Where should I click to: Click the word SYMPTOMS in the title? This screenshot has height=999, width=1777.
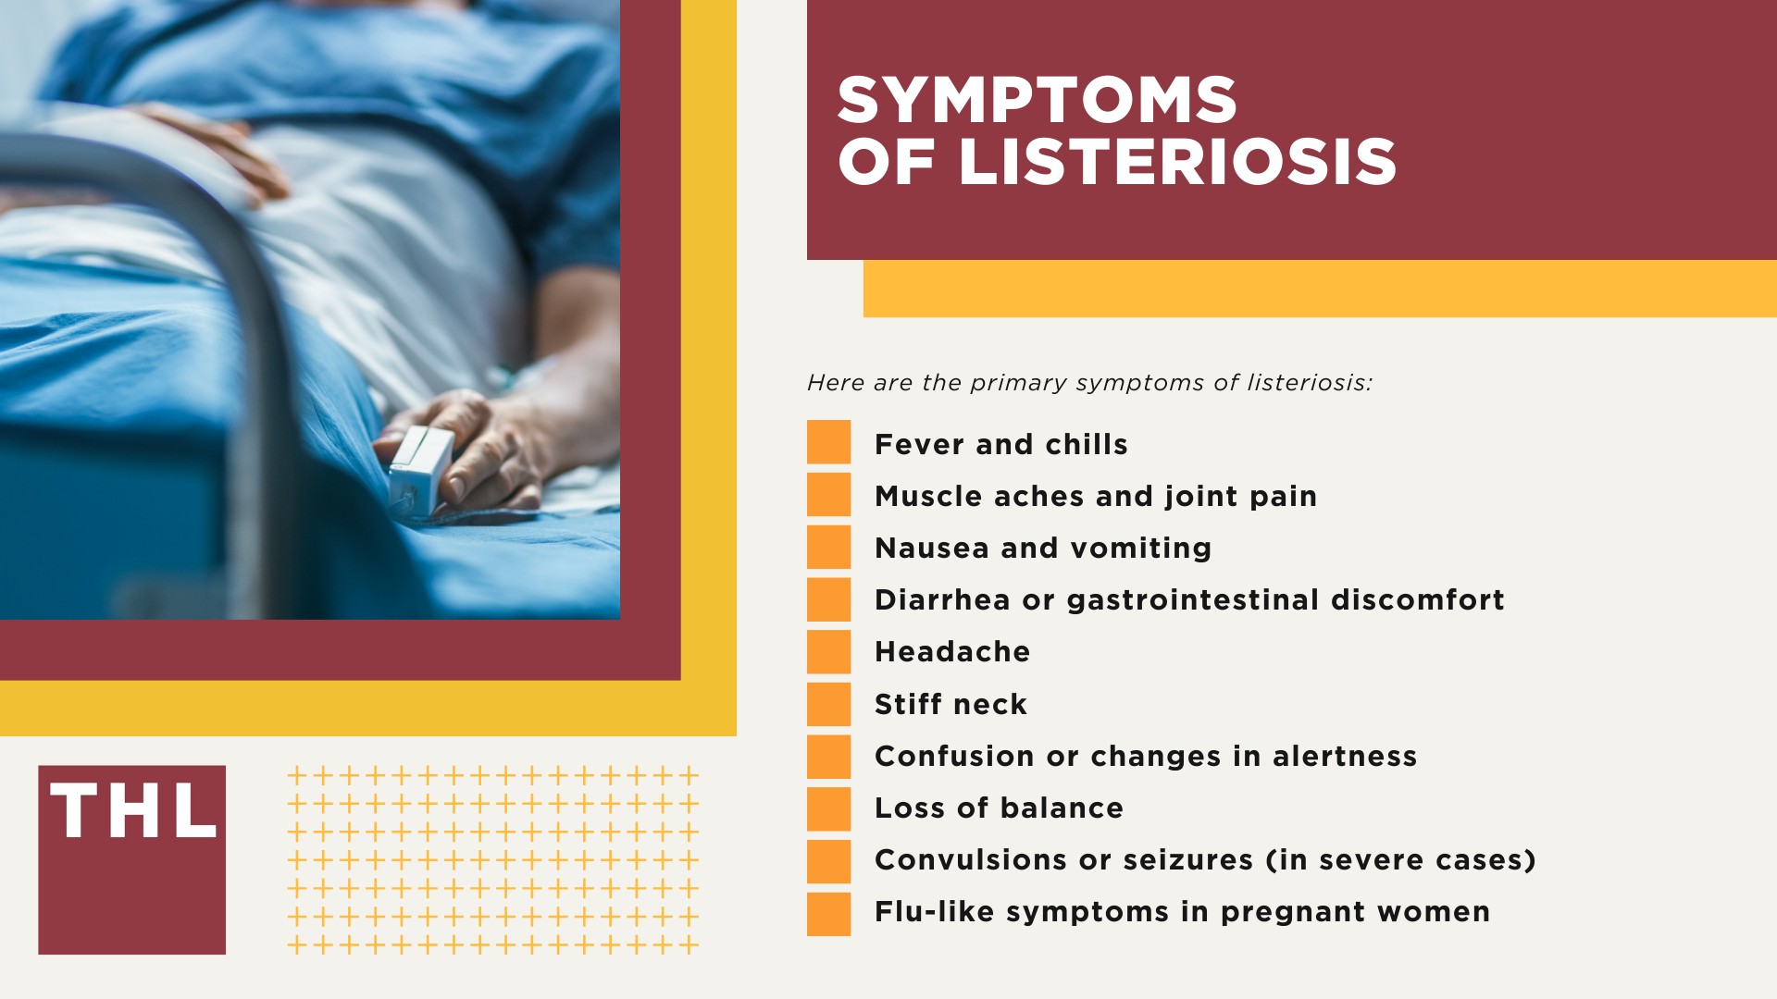point(1037,100)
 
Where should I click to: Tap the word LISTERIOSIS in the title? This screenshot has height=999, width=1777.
point(1177,162)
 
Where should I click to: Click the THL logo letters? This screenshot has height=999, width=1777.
point(133,811)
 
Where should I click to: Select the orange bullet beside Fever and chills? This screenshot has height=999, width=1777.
point(828,442)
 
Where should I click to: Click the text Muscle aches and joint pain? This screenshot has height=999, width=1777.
point(1095,497)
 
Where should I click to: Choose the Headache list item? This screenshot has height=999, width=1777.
point(951,652)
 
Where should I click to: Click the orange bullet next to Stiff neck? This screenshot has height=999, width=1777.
point(828,704)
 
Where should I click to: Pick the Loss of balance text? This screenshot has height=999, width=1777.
point(999,808)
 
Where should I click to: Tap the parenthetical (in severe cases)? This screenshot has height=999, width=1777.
point(1400,860)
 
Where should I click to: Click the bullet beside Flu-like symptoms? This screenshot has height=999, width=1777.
point(828,914)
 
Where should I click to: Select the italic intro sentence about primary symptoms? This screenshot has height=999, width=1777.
point(1089,383)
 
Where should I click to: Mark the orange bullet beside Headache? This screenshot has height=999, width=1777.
point(828,651)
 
